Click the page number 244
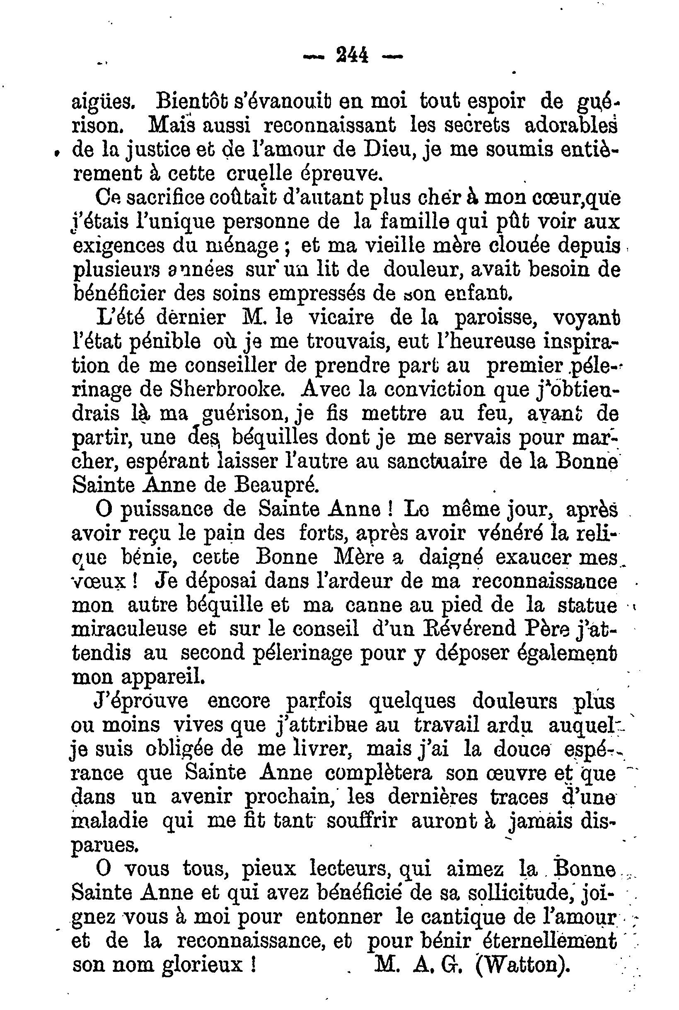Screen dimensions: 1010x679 [352, 56]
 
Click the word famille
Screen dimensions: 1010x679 [418, 221]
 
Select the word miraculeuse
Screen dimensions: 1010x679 [129, 629]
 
